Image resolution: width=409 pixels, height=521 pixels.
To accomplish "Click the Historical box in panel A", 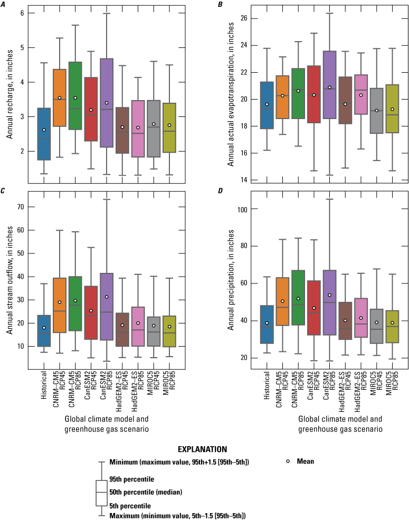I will [44, 134].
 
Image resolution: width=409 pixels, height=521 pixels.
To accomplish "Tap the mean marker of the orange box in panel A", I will [60, 97].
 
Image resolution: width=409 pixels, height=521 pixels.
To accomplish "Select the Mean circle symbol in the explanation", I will [288, 461].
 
